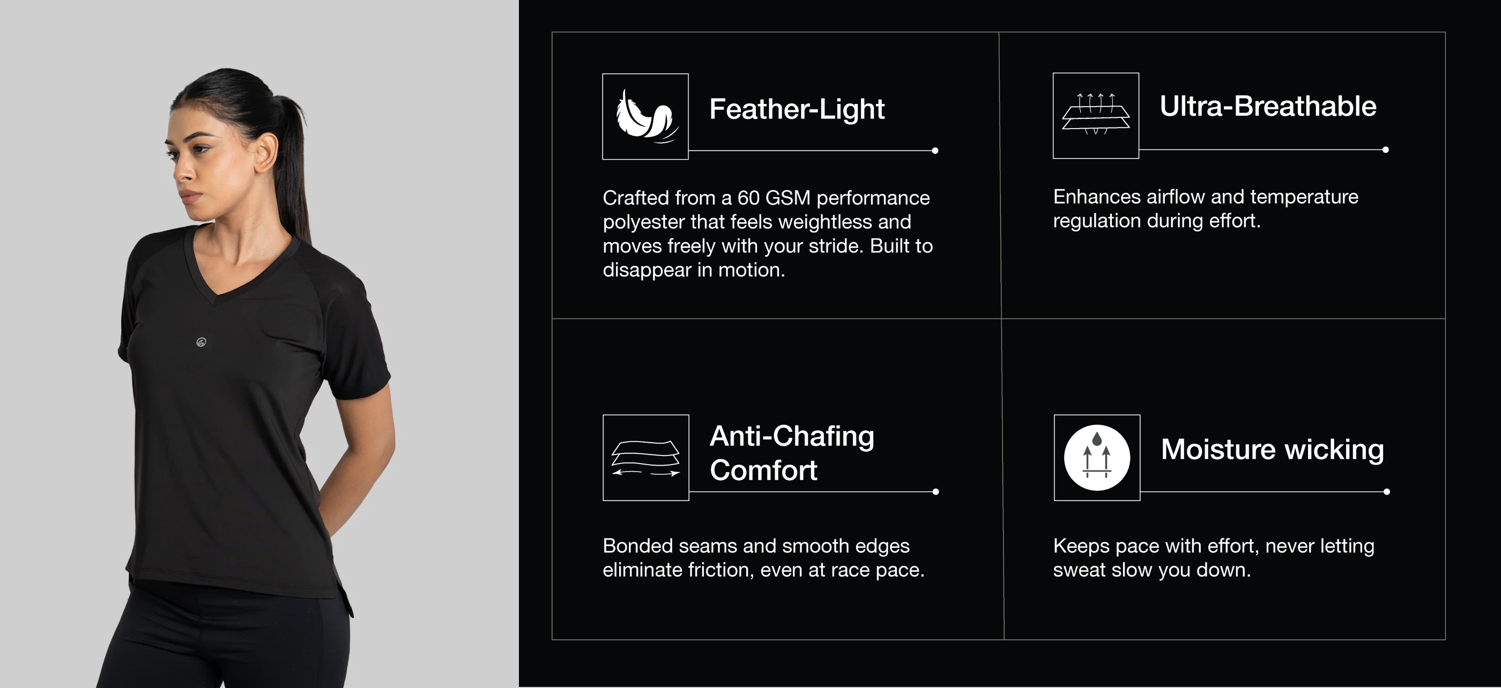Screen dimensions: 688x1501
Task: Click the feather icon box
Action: [645, 116]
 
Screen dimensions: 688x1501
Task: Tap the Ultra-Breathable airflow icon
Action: [1095, 115]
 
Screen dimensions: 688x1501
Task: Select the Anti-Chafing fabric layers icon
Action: [645, 457]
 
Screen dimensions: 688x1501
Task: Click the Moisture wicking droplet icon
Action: [1097, 457]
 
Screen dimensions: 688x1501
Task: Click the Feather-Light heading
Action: [797, 109]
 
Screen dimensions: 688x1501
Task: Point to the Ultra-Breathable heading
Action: [1267, 106]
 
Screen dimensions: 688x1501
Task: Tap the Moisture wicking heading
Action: [1272, 449]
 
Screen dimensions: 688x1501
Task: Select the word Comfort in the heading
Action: [763, 470]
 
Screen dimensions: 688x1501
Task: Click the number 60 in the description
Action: [748, 198]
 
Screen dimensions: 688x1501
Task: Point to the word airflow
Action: [1175, 197]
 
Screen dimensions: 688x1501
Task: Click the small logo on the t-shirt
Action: [201, 342]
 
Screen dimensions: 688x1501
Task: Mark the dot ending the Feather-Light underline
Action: [935, 151]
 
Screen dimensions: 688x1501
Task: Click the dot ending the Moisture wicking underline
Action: [1387, 492]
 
